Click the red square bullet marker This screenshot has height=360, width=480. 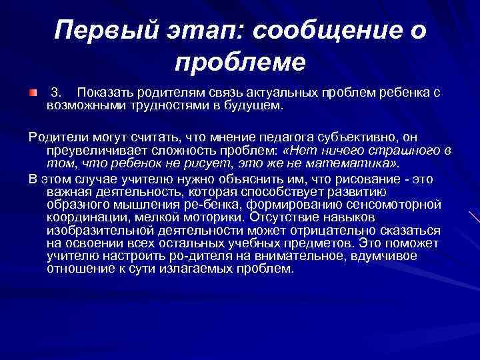tap(32, 91)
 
